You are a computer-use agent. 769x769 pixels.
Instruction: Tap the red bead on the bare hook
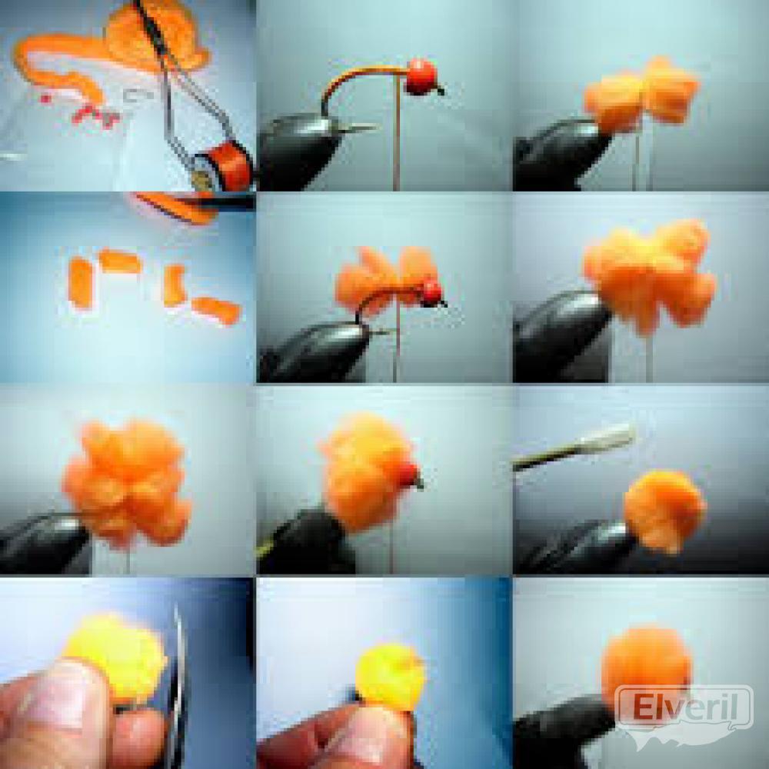coord(421,77)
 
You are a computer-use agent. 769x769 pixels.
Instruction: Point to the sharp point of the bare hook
coord(377,127)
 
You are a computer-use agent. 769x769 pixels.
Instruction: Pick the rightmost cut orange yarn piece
coord(216,310)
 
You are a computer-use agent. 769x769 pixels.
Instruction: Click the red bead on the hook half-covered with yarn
coord(431,292)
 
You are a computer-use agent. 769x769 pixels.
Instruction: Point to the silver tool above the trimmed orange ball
coord(573,446)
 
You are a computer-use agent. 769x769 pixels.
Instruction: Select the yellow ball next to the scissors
coord(115,656)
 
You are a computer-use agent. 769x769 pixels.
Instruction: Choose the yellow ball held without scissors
coord(391,677)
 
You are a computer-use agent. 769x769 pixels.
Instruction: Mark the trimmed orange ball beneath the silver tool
coord(664,510)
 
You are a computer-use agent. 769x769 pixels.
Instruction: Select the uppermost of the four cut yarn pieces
coord(120,261)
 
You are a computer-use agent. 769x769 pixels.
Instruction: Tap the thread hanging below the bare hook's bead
coord(397,132)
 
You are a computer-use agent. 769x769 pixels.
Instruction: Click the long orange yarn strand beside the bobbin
coord(59,64)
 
